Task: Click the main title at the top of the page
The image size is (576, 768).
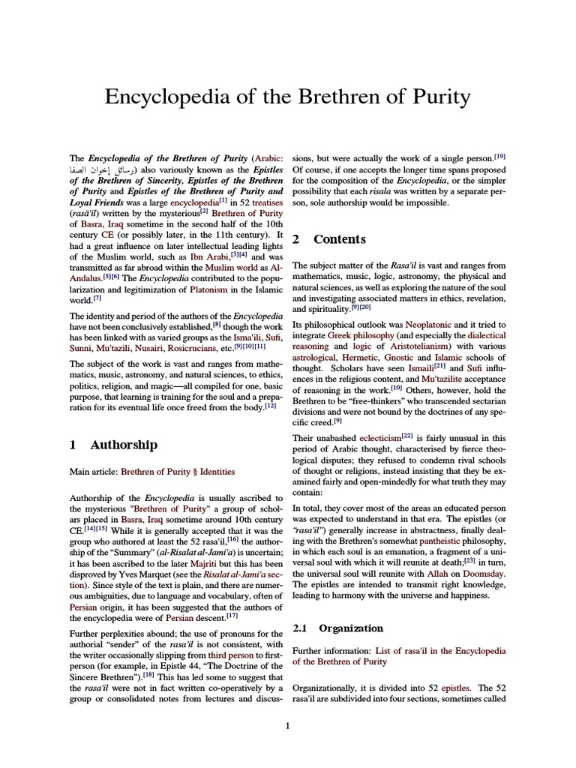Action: (x=287, y=97)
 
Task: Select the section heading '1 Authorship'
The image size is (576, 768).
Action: (x=113, y=445)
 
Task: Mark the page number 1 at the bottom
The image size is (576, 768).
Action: (x=287, y=724)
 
